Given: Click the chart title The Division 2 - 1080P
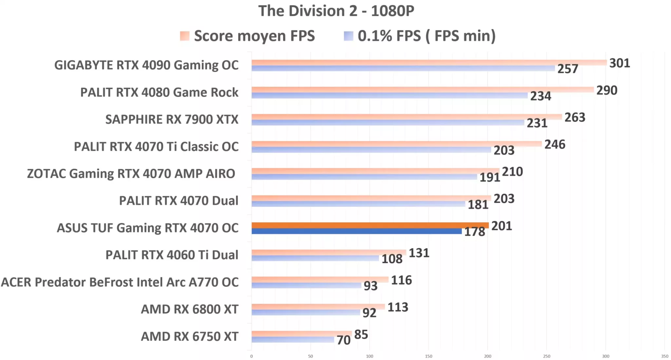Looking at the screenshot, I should tap(336, 11).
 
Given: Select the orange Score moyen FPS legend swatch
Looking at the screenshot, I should tap(185, 36).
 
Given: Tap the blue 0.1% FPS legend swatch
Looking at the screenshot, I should tap(348, 36).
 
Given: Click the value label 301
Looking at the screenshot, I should tap(619, 63).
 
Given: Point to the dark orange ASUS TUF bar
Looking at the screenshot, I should tap(370, 225).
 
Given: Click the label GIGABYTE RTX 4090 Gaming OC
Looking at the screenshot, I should tap(146, 65).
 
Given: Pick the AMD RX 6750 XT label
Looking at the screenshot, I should tap(189, 336).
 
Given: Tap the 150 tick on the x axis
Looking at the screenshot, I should tap(428, 356).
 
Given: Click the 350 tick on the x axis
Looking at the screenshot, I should tap(664, 356).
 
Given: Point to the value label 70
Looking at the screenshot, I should tap(343, 340).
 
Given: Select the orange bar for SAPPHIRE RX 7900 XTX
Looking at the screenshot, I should tap(406, 117).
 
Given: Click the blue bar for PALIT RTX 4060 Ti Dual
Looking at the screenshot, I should tap(315, 258).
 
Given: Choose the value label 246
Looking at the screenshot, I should tap(555, 145).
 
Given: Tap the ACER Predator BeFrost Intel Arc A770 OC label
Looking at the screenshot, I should tap(120, 282).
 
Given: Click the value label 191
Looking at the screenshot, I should tap(489, 177).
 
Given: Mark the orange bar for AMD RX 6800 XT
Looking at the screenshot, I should tap(318, 307).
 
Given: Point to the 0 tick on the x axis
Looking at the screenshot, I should tap(251, 356).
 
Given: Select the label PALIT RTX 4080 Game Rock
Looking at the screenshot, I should tap(159, 92).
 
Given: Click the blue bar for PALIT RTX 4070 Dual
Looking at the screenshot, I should tap(358, 204).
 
